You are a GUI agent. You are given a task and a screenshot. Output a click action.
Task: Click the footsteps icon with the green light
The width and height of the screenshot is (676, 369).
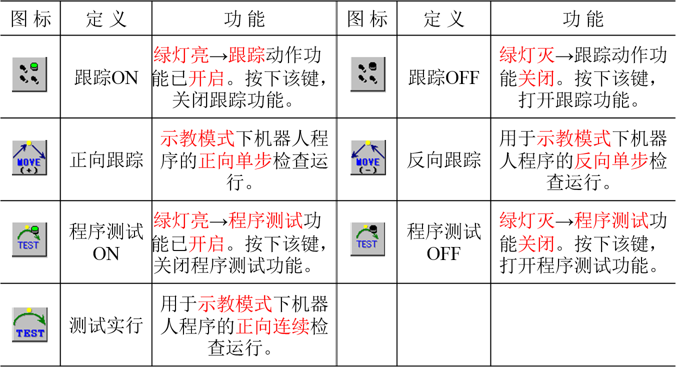pyautogui.click(x=29, y=74)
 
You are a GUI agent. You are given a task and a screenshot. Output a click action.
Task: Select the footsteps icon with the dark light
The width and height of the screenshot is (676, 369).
pyautogui.click(x=368, y=74)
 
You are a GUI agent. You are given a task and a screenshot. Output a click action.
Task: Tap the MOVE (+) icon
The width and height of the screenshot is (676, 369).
pyautogui.click(x=29, y=157)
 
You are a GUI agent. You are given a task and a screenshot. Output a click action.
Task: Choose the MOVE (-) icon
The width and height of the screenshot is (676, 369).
pyautogui.click(x=368, y=157)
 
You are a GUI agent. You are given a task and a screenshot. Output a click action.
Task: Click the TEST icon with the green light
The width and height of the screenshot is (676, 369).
pyautogui.click(x=29, y=240)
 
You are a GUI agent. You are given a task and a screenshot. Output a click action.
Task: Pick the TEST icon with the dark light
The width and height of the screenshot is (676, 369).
pyautogui.click(x=367, y=239)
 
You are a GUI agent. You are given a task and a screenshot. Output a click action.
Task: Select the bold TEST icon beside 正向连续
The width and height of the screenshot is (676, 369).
pyautogui.click(x=29, y=325)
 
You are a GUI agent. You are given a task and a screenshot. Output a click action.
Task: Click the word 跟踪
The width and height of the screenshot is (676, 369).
pyautogui.click(x=246, y=55)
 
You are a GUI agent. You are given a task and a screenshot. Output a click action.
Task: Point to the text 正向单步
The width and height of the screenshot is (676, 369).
pyautogui.click(x=235, y=161)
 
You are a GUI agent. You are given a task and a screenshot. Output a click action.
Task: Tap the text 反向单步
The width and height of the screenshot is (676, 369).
pyautogui.click(x=611, y=161)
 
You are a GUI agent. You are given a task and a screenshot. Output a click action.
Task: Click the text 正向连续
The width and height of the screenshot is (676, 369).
pyautogui.click(x=273, y=326)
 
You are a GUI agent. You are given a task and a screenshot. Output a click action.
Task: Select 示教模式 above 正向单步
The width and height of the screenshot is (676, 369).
pyautogui.click(x=197, y=138)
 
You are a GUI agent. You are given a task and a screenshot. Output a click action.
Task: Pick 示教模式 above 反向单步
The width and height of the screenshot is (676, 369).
pyautogui.click(x=573, y=138)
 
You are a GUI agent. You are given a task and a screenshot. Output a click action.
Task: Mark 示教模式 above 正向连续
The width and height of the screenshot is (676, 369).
pyautogui.click(x=235, y=304)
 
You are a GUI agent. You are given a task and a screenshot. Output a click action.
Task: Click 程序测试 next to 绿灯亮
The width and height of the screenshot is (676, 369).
pyautogui.click(x=265, y=220)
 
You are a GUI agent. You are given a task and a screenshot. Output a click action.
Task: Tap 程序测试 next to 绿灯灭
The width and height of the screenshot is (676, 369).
pyautogui.click(x=611, y=220)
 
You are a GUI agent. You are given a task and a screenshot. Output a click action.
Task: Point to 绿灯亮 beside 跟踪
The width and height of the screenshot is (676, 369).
pyautogui.click(x=181, y=55)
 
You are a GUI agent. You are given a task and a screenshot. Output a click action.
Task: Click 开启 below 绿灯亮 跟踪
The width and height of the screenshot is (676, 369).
pyautogui.click(x=206, y=79)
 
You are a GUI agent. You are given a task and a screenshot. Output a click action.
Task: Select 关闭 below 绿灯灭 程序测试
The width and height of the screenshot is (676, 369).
pyautogui.click(x=536, y=244)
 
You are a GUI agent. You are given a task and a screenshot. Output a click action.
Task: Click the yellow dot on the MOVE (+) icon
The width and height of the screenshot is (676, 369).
pyautogui.click(x=29, y=143)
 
